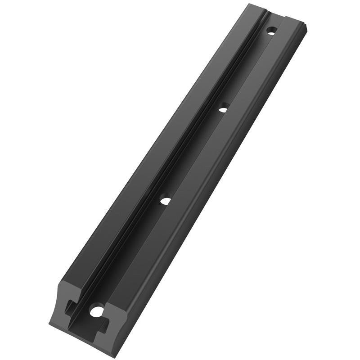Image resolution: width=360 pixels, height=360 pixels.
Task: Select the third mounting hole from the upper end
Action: (x=166, y=200)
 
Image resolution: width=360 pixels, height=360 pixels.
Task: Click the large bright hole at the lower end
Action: (x=96, y=310)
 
